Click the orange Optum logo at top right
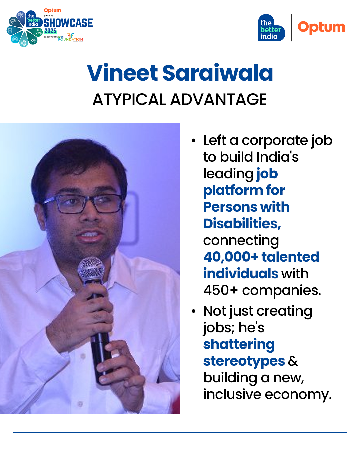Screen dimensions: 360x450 pos(321,27)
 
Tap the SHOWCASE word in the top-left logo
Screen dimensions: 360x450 pos(68,23)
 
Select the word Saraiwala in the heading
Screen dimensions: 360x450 pos(218,73)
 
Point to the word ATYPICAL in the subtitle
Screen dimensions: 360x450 pos(129,99)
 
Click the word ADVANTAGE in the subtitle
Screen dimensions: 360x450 pos(219,99)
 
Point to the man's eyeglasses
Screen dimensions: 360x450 pos(83,204)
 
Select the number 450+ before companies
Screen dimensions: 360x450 pos(220,290)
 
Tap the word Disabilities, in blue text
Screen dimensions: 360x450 pos(242,223)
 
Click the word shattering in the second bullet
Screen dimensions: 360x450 pos(239,345)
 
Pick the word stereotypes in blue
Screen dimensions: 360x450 pos(244,362)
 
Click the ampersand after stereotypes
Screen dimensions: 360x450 pos(293,361)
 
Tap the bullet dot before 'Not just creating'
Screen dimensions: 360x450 pos(193,311)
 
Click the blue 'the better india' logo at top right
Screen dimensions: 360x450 pos(271,28)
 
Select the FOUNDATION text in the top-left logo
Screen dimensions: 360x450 pos(70,39)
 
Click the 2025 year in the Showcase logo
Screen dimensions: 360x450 pos(50,31)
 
